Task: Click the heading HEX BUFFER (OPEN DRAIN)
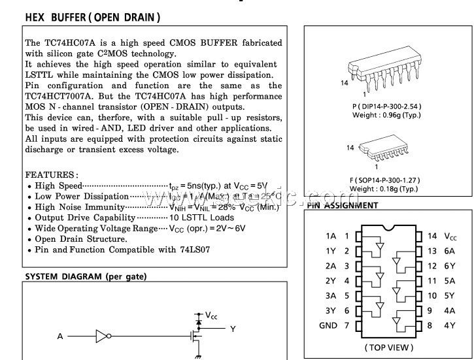click(92, 17)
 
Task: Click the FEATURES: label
click(52, 175)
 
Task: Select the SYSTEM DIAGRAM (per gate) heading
click(86, 276)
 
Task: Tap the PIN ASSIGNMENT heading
click(342, 205)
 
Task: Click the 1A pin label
click(331, 236)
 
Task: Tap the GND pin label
click(328, 325)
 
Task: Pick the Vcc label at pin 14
click(450, 236)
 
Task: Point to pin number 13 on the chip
click(432, 251)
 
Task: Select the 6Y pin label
click(450, 266)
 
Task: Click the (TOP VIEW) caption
click(388, 347)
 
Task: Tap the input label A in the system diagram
click(60, 336)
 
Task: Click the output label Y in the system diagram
click(233, 329)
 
